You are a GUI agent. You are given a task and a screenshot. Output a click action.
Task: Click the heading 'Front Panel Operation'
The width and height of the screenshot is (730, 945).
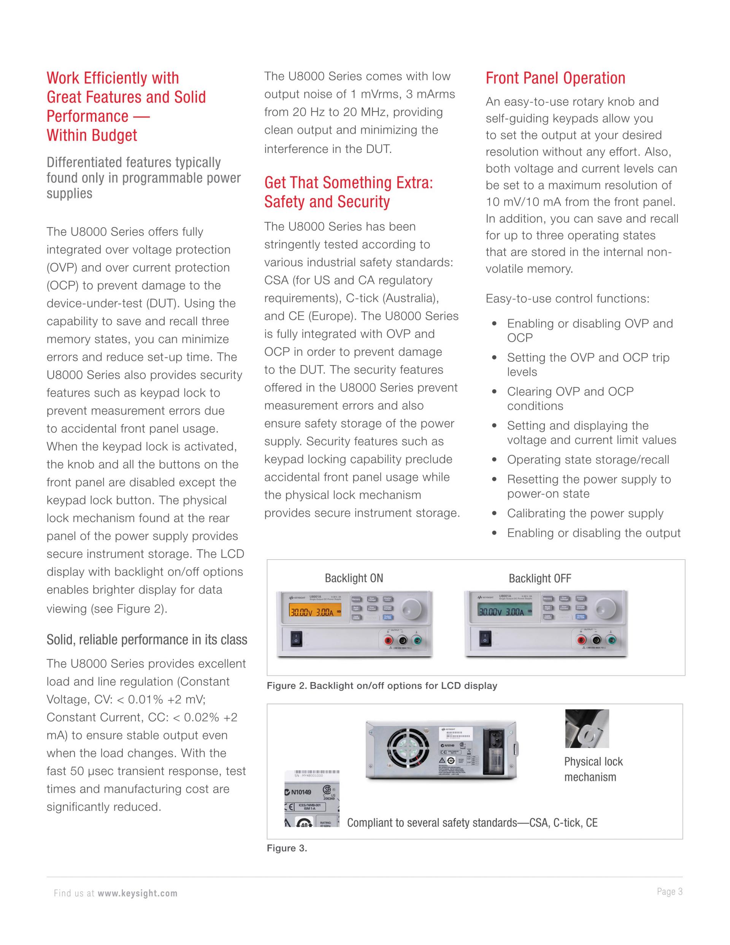[x=555, y=78]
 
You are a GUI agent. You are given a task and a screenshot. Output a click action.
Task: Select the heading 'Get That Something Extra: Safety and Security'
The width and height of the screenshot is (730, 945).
[x=348, y=192]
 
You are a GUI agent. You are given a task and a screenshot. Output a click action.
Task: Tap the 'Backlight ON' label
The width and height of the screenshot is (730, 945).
[x=354, y=579]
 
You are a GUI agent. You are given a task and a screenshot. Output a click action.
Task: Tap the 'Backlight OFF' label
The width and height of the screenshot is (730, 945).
[x=540, y=579]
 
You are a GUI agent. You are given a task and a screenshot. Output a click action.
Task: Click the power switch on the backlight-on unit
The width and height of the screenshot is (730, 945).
[x=296, y=639]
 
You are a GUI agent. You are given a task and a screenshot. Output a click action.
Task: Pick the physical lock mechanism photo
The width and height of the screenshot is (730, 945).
[x=587, y=729]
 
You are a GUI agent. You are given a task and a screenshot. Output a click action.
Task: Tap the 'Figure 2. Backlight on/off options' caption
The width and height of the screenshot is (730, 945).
[x=382, y=686]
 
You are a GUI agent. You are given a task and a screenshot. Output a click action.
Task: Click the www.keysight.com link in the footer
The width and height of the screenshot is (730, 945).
[x=138, y=894]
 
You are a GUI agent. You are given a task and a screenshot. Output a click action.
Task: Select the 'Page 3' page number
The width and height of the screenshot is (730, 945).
[x=670, y=891]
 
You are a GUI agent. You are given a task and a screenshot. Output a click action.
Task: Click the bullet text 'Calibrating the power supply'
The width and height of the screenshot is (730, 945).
[x=585, y=514]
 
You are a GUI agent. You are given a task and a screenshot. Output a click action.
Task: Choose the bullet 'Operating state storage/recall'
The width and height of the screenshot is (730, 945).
[x=588, y=460]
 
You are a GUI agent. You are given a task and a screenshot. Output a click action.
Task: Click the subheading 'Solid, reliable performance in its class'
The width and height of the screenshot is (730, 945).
[x=147, y=640]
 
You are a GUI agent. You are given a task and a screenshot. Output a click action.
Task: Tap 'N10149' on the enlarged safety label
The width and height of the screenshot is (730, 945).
[x=301, y=793]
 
